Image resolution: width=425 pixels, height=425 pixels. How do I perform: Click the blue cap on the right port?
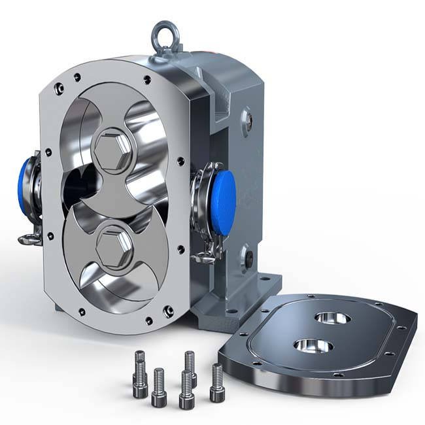point(224,194)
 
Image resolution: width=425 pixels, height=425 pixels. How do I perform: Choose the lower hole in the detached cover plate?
point(311,345)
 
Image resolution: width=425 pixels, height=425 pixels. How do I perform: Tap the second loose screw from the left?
point(159,386)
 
